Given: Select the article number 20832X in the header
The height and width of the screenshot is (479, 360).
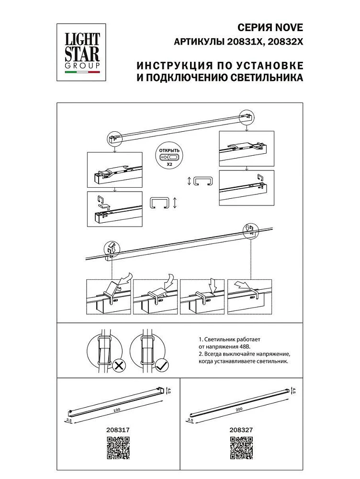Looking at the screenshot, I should [x=286, y=42].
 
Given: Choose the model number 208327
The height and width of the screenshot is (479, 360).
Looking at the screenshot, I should [x=241, y=431].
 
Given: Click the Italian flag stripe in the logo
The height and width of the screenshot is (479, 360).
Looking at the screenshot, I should [x=82, y=72].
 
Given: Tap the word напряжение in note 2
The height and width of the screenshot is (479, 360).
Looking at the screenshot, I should [x=268, y=354].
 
